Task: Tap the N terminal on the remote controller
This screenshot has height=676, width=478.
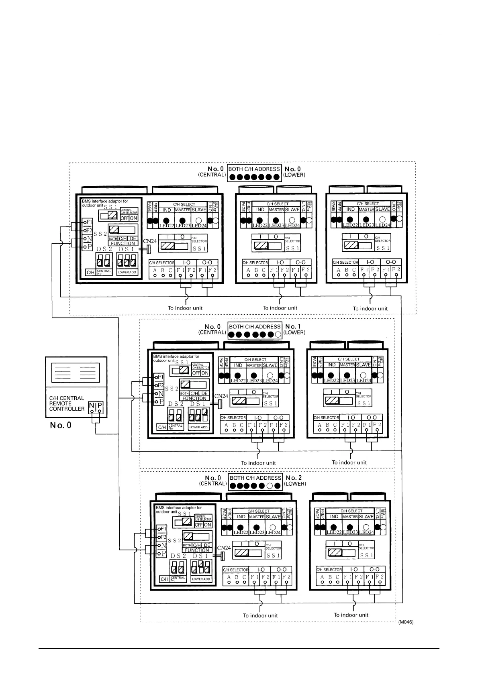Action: point(92,406)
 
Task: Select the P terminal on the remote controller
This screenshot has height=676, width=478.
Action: point(100,406)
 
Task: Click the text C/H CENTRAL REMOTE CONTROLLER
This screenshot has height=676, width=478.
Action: point(67,403)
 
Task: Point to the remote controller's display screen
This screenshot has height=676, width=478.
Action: point(76,373)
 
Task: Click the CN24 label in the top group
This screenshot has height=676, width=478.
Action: point(149,241)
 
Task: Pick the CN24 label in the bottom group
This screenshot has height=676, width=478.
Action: point(224,548)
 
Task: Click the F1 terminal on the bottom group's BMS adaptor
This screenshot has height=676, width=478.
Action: point(163,529)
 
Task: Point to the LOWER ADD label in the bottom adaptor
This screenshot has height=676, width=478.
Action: point(201,579)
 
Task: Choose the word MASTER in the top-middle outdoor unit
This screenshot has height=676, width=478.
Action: point(276,210)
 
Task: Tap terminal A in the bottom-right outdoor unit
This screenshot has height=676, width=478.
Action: point(322,577)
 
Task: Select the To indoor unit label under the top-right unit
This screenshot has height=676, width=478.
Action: point(370,309)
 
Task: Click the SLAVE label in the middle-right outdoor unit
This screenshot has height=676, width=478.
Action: point(363,365)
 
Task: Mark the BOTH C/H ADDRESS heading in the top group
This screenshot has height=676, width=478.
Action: point(254,169)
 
